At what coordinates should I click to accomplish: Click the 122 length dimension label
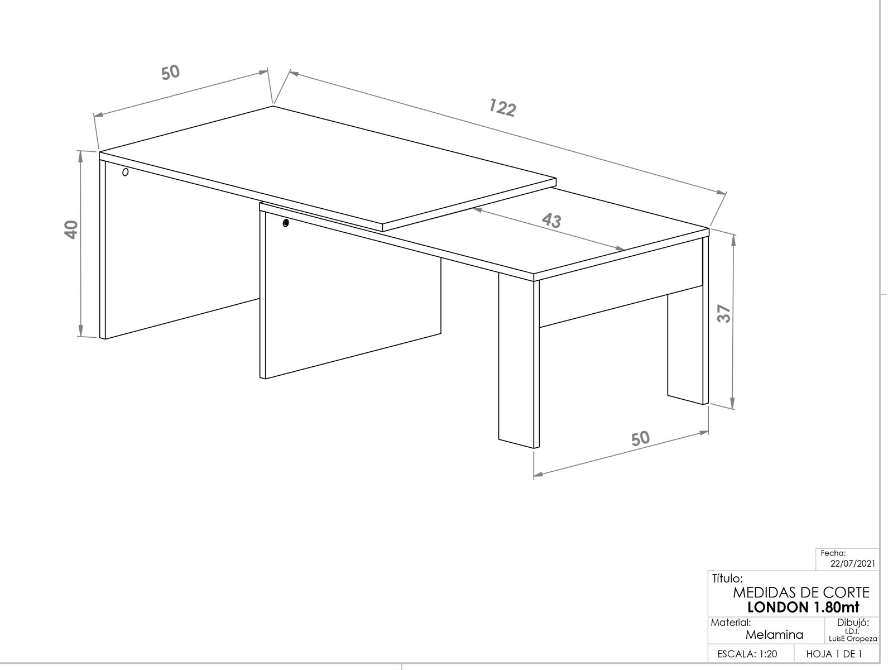(x=502, y=108)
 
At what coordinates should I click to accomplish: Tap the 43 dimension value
(x=551, y=220)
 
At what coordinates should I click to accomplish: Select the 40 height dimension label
(x=71, y=229)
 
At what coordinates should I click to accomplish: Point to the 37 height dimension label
(x=724, y=314)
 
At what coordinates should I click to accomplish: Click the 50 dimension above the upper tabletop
(x=170, y=73)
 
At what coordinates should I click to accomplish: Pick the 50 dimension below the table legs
(x=640, y=438)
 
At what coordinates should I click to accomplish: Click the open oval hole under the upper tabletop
(x=126, y=172)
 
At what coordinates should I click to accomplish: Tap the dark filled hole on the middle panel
(x=286, y=223)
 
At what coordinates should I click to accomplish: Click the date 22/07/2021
(x=853, y=563)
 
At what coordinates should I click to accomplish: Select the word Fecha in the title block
(x=833, y=553)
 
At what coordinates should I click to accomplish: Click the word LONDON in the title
(x=777, y=607)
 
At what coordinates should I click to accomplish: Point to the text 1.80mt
(x=836, y=607)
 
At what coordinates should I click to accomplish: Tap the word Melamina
(x=774, y=635)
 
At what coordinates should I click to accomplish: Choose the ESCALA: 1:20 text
(x=747, y=654)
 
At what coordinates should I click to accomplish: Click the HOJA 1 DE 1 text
(x=834, y=654)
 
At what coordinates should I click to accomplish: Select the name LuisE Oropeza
(x=853, y=639)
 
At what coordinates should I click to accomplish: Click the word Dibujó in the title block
(x=853, y=623)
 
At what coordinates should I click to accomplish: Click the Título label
(x=727, y=578)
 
